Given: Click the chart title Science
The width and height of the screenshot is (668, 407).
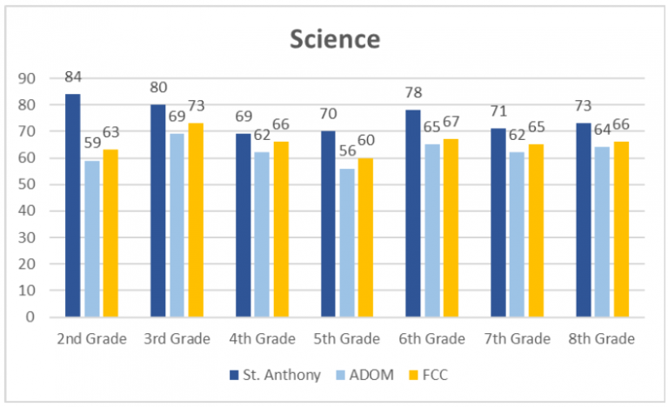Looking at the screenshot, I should point(335,39).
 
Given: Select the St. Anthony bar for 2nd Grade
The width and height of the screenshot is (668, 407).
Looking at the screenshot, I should point(73,205).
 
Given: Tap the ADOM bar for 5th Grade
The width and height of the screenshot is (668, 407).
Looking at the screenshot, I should point(347,243).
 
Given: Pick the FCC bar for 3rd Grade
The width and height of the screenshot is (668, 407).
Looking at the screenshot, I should point(196,220).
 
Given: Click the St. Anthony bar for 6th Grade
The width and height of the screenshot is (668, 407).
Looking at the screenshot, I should point(413,213).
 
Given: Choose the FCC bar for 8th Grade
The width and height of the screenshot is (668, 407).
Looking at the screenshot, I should point(621,230).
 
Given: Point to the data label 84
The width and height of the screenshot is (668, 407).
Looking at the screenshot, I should point(74,77).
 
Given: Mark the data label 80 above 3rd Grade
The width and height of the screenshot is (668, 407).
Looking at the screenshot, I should point(158,88).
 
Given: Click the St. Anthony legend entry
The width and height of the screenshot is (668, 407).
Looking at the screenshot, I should point(270,375).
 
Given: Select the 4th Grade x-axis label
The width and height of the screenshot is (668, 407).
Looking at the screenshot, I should point(263,338).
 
